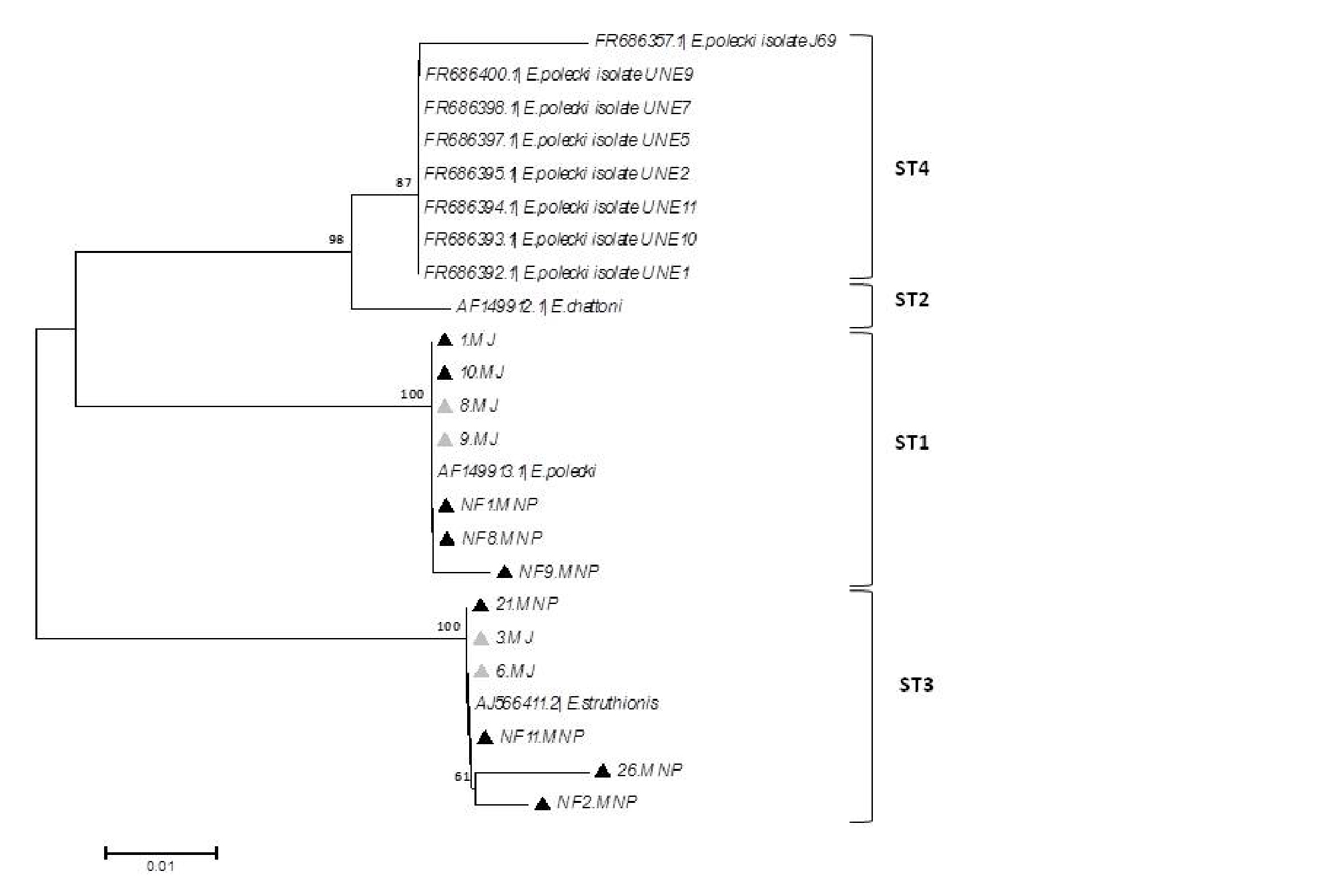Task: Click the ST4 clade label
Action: [911, 168]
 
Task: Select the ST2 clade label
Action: [911, 300]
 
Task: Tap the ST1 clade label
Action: [911, 442]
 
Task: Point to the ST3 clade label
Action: [916, 685]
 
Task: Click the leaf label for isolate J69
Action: [715, 41]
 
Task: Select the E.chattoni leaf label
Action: [539, 306]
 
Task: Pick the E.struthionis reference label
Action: [567, 703]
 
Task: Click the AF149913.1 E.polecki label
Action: [517, 472]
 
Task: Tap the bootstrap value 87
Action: [404, 182]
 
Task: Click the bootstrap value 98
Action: [336, 239]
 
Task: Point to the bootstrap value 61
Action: [462, 776]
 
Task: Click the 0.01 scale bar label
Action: [160, 866]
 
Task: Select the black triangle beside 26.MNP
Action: [603, 771]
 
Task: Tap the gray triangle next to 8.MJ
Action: [444, 406]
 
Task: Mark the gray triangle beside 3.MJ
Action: [480, 638]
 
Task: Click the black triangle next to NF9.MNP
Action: [505, 572]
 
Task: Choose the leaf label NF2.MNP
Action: [597, 802]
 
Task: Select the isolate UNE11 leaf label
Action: [560, 208]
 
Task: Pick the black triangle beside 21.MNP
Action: [480, 605]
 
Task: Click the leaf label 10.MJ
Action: [482, 372]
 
